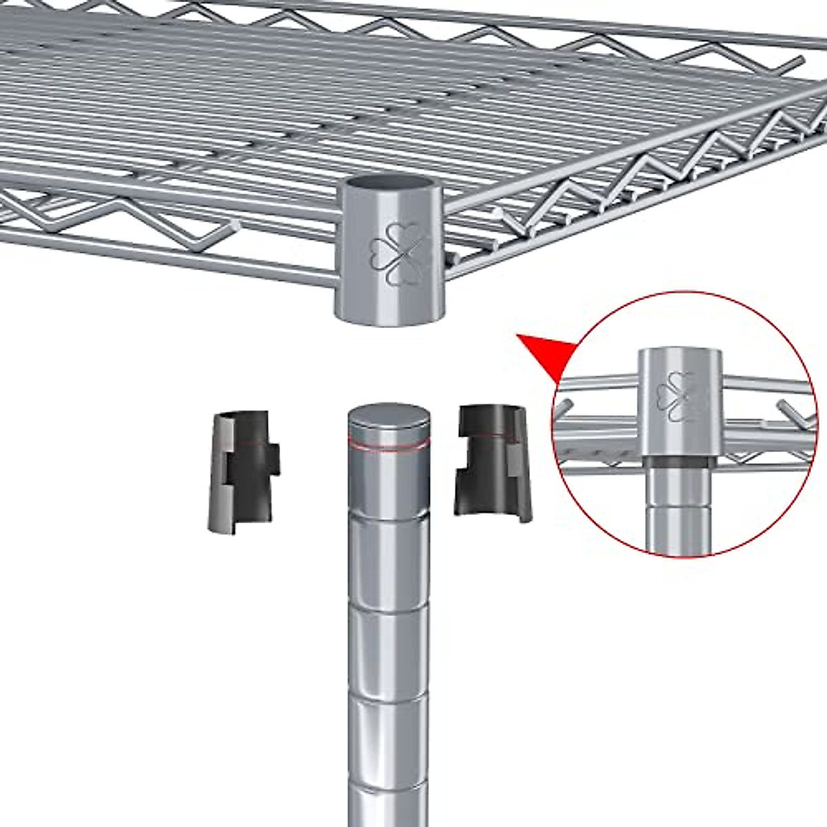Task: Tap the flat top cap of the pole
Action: point(389,418)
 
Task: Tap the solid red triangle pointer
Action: point(549,351)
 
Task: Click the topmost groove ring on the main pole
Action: point(388,520)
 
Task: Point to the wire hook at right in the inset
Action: point(789,413)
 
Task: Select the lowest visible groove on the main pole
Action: point(387,783)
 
